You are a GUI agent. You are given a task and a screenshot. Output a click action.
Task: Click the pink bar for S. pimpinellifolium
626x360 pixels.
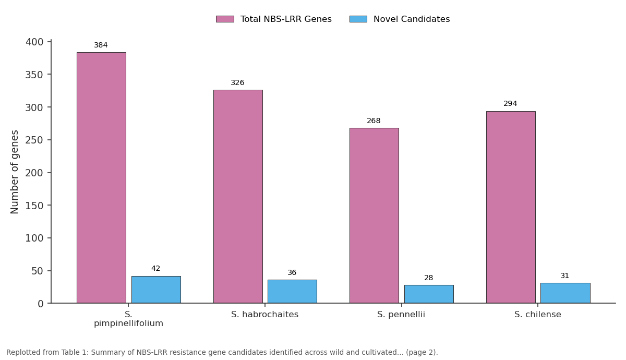101,177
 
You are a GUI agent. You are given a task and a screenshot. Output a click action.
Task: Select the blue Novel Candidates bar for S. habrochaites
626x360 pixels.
292,291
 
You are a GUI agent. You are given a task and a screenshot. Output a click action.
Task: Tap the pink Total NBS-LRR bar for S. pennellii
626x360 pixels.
374,215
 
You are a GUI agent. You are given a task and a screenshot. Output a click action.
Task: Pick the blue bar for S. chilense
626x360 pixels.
565,293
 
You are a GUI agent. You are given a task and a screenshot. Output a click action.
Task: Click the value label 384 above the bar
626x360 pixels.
101,45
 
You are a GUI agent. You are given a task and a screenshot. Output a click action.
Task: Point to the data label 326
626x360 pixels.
237,83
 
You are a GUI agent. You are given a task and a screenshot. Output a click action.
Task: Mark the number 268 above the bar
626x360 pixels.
374,121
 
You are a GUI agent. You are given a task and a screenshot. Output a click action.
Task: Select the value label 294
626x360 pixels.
510,104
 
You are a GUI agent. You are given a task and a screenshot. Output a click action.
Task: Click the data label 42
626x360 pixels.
155,269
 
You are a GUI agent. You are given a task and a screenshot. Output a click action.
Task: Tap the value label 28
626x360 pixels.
428,278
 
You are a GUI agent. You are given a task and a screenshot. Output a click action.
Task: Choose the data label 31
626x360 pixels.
564,276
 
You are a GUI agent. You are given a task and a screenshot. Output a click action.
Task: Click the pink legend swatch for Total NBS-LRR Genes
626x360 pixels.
225,19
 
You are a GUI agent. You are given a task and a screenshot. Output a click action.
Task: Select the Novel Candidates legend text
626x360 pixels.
412,19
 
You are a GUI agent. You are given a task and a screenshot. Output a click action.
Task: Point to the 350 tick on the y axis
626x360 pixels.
34,75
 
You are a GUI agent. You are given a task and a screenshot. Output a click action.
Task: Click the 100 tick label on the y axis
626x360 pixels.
34,238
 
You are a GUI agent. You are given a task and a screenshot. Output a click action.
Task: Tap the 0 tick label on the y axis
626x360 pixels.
41,304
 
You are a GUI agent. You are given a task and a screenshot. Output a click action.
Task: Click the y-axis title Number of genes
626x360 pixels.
14,172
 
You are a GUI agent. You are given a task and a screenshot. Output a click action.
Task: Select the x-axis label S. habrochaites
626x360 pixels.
264,315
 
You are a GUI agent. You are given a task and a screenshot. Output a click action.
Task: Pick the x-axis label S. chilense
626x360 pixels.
538,315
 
